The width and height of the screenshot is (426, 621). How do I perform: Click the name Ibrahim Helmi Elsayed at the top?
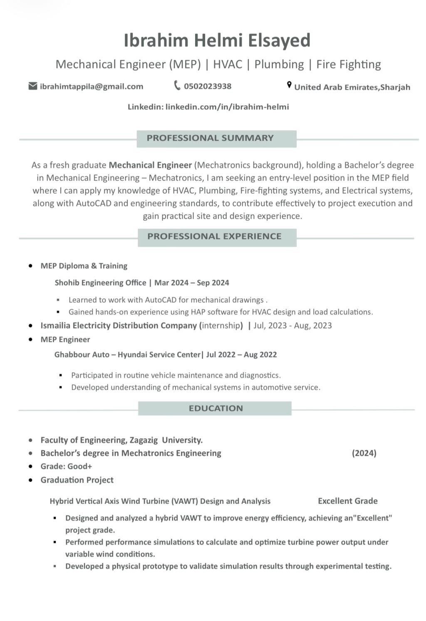point(217,40)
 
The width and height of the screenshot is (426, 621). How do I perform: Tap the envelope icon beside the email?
point(33,86)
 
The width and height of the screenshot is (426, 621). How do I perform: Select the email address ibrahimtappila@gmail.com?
point(92,87)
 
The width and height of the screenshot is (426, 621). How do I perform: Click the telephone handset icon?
point(177,86)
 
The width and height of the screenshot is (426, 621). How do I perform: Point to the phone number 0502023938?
point(208,87)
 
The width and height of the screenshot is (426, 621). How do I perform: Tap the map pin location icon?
point(289,85)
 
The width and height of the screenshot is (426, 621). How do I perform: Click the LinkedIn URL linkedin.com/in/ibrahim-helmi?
point(227,107)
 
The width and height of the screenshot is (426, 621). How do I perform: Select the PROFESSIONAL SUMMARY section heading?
point(210,138)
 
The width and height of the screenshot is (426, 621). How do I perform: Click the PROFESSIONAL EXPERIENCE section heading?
point(214,236)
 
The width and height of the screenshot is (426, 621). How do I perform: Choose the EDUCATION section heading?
point(215,408)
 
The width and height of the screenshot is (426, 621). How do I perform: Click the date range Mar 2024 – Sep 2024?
point(192,283)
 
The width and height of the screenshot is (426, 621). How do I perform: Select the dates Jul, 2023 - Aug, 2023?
point(292,326)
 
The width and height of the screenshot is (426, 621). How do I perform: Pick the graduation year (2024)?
point(364,453)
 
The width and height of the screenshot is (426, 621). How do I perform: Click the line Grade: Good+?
point(66,467)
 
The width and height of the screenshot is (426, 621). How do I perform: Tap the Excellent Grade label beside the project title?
point(348,501)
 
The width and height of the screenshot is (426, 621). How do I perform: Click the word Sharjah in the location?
point(395,87)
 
